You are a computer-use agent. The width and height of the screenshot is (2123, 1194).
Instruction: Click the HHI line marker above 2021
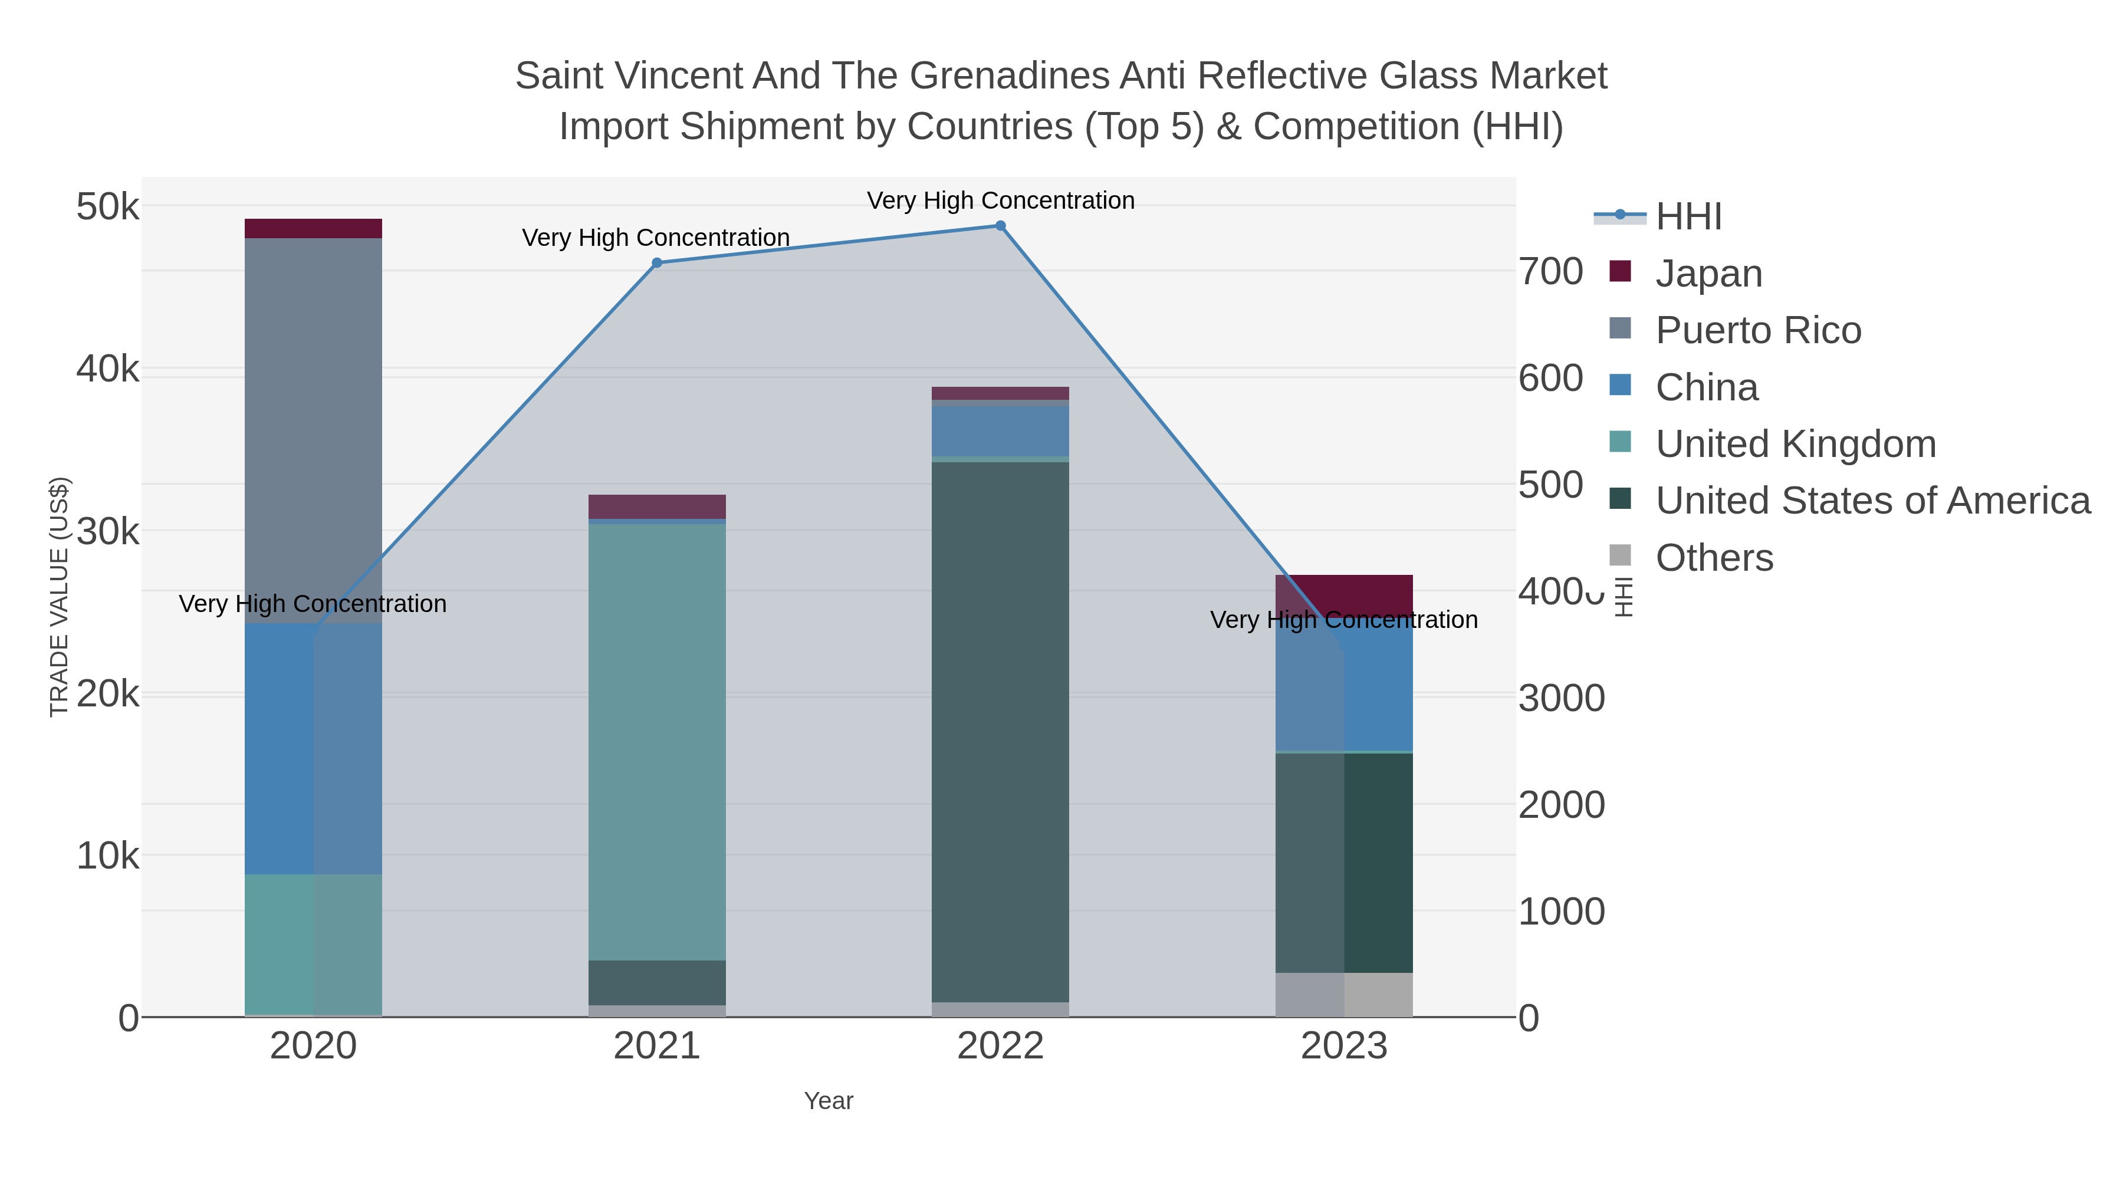(x=657, y=263)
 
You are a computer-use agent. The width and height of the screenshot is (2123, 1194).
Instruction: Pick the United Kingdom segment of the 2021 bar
(x=657, y=742)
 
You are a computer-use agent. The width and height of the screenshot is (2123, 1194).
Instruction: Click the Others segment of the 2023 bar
(x=1343, y=995)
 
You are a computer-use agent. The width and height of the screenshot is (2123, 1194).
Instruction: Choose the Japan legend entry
(x=1708, y=273)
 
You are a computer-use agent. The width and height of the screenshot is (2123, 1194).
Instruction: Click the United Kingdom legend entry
(x=1795, y=444)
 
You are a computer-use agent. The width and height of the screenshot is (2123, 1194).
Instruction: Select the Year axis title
(x=829, y=1101)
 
